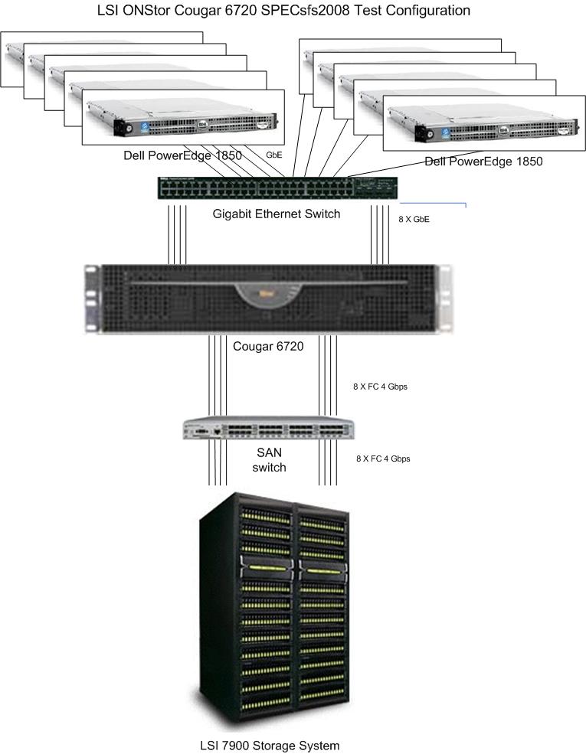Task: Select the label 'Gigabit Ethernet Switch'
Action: click(x=277, y=214)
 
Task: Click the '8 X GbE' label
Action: click(x=414, y=219)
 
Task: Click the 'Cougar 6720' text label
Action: click(x=268, y=346)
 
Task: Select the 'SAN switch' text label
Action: click(x=269, y=460)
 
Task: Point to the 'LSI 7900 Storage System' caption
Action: click(x=265, y=744)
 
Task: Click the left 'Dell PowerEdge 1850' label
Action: click(x=183, y=155)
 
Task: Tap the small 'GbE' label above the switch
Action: click(x=273, y=155)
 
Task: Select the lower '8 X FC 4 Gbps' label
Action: click(x=383, y=459)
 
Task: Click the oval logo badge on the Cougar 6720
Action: click(x=267, y=295)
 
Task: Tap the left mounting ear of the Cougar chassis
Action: click(x=92, y=299)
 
